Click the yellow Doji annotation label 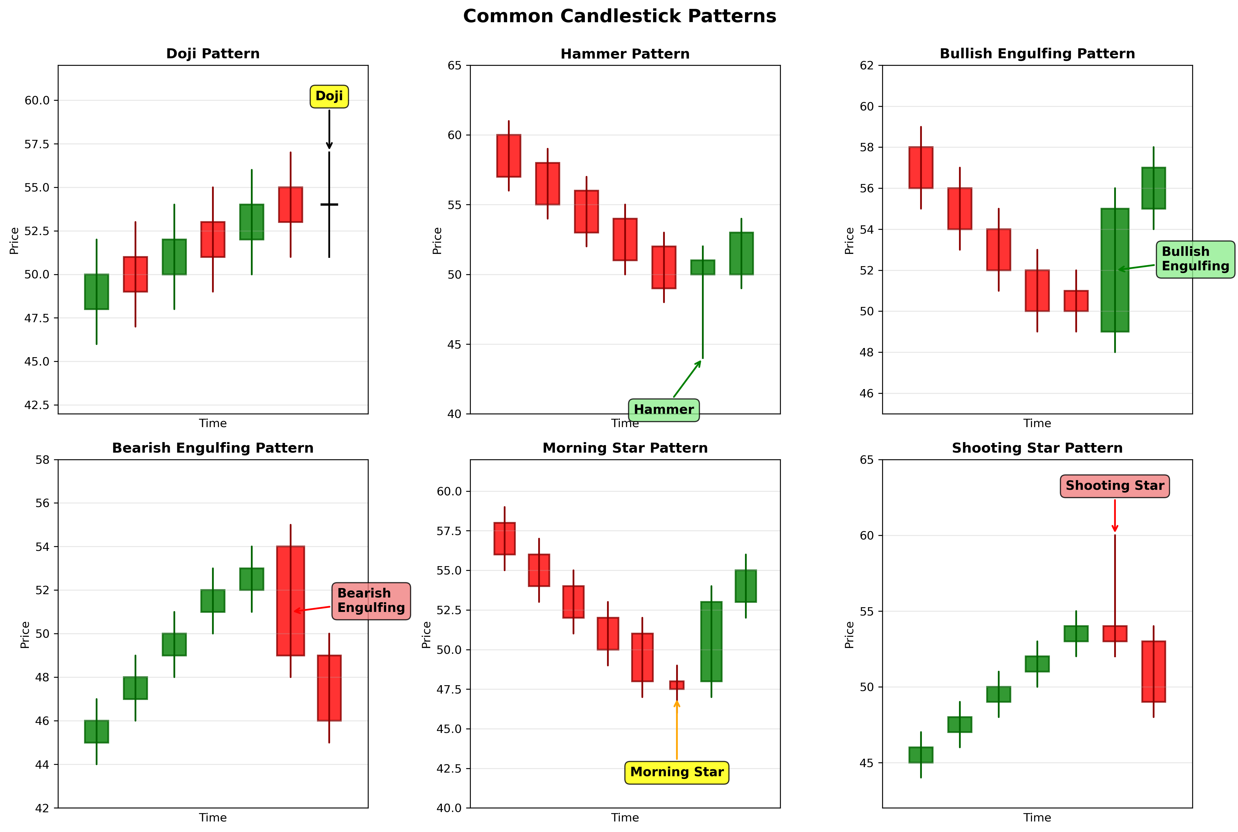pyautogui.click(x=329, y=96)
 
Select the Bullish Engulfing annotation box pyautogui.click(x=1195, y=259)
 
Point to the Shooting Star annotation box pyautogui.click(x=1114, y=485)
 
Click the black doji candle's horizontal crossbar pyautogui.click(x=329, y=204)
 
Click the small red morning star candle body pyautogui.click(x=676, y=685)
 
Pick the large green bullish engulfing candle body pyautogui.click(x=1114, y=270)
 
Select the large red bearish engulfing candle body pyautogui.click(x=290, y=601)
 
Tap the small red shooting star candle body pyautogui.click(x=1114, y=634)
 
